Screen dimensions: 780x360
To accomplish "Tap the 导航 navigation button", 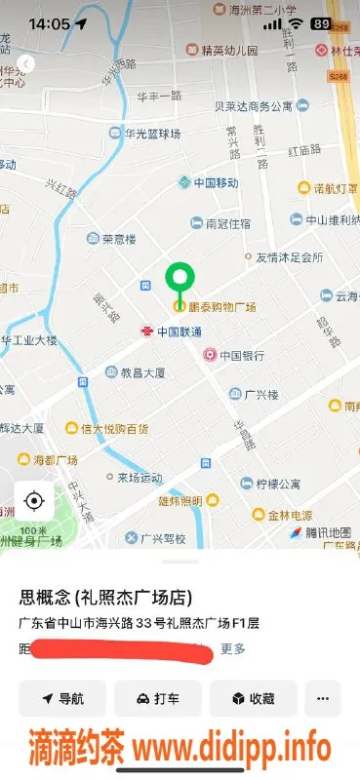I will click(61, 699).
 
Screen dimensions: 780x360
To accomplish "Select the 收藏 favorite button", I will click(253, 699).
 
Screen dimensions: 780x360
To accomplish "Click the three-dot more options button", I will click(323, 699).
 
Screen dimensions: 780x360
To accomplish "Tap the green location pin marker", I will click(179, 280).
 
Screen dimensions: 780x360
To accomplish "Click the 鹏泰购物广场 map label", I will click(221, 307).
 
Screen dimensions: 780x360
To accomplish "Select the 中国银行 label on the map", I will click(237, 356).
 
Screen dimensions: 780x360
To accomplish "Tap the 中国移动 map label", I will click(216, 183).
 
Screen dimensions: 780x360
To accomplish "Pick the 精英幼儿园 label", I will click(229, 50).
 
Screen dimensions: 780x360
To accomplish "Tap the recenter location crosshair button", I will click(34, 501).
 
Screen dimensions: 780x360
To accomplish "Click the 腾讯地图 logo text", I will click(326, 532).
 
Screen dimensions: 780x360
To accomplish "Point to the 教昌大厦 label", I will click(141, 372).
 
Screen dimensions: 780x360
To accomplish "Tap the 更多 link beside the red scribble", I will click(233, 648).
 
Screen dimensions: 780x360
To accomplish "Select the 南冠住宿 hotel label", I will click(226, 223).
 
